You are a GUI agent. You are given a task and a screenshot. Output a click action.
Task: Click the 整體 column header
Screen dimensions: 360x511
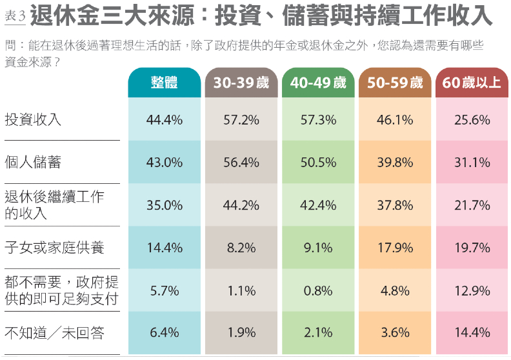click(x=164, y=83)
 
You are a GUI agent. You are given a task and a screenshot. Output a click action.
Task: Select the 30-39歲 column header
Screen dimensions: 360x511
click(x=241, y=83)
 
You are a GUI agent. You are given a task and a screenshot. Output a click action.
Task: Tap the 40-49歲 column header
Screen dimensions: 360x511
click(x=318, y=83)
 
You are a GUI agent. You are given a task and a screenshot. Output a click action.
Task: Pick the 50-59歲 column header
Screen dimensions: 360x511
click(x=395, y=83)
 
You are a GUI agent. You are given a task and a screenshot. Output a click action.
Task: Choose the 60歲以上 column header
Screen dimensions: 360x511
click(x=472, y=83)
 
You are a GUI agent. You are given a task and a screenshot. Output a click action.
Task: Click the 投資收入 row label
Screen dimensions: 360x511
click(x=33, y=119)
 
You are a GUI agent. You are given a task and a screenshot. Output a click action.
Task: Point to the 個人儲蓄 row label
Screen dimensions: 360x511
click(x=33, y=162)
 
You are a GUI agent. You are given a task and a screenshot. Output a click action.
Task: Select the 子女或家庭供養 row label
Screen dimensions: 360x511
click(x=54, y=248)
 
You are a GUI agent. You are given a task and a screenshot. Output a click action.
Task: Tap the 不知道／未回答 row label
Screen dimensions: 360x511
click(x=54, y=333)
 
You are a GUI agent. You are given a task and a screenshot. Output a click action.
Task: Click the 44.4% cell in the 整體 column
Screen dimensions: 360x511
click(x=164, y=119)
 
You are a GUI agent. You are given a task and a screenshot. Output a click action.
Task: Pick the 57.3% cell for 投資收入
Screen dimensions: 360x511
click(x=318, y=119)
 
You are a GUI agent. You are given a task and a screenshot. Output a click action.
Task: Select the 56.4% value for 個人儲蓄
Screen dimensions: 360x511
click(x=241, y=163)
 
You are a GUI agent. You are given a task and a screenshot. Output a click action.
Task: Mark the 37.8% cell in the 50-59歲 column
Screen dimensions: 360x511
click(x=395, y=205)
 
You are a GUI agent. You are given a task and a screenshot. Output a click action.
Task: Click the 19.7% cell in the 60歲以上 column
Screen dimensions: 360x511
click(x=472, y=248)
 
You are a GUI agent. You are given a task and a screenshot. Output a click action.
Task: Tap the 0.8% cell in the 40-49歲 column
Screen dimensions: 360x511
click(x=318, y=290)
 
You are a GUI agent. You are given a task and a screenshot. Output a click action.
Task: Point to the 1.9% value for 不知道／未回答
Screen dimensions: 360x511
click(x=241, y=333)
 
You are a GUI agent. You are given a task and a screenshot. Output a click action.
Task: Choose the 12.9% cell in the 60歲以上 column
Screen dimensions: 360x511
click(x=472, y=290)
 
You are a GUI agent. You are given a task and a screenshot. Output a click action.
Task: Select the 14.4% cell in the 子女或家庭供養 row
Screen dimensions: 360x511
click(x=164, y=248)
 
